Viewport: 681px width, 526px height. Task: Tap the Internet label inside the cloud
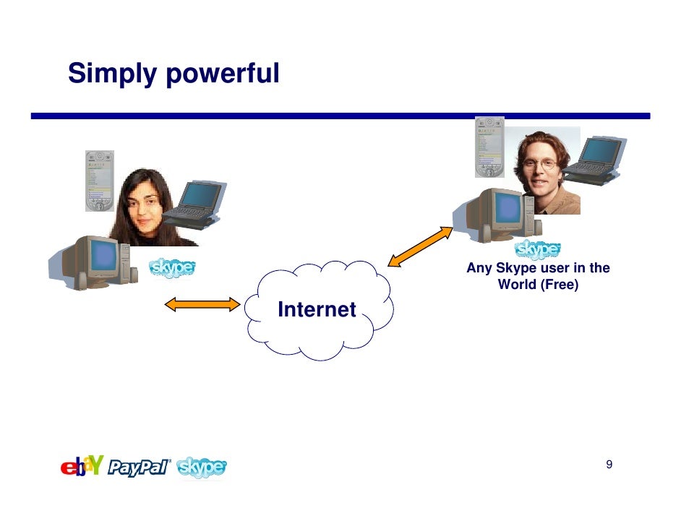pos(317,310)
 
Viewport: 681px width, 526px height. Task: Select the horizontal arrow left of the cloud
pos(202,305)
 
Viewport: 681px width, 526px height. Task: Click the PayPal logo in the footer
pos(140,468)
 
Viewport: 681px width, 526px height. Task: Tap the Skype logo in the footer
pos(202,468)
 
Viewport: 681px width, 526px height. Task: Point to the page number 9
pos(609,464)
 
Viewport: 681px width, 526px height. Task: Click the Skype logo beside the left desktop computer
pos(172,268)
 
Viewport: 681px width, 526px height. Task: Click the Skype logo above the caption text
pos(538,250)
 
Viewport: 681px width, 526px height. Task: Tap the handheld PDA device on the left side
pos(100,181)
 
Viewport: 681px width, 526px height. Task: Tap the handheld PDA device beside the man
pos(489,147)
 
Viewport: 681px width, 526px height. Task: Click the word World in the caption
pos(516,285)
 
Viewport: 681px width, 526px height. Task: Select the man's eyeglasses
pos(541,163)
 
